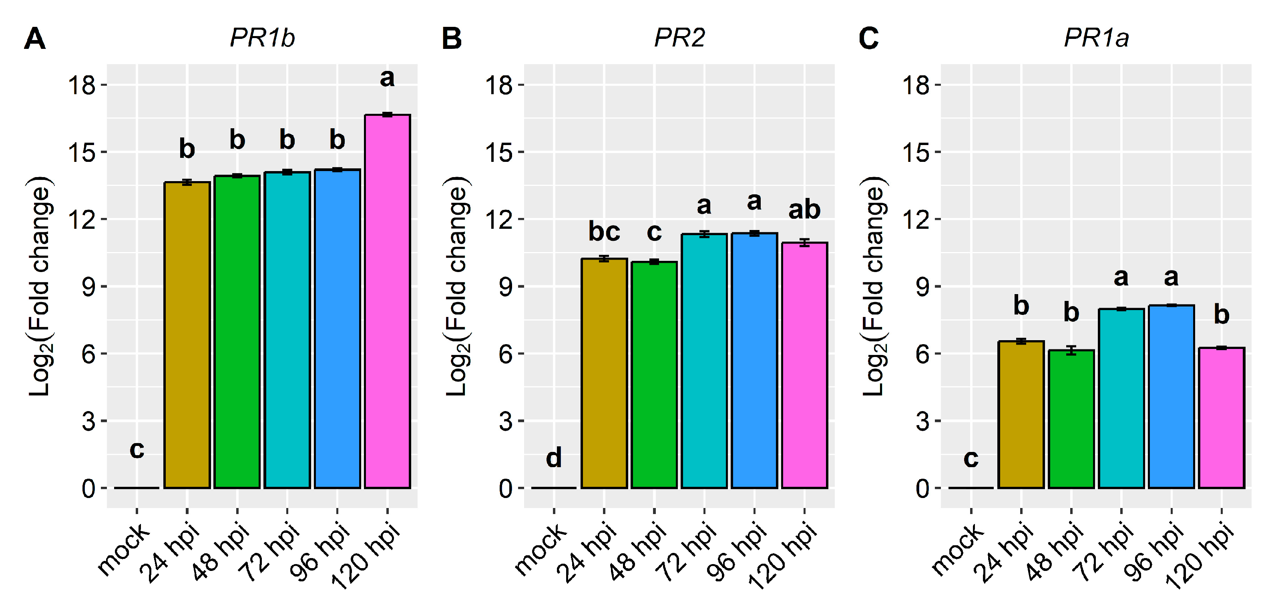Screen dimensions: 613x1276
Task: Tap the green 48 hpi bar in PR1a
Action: click(1071, 419)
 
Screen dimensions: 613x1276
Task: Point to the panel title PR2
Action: click(679, 38)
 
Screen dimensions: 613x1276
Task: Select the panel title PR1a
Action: click(1096, 38)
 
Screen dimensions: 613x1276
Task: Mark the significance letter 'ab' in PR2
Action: click(804, 210)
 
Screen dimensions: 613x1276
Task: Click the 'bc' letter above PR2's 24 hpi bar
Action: click(604, 232)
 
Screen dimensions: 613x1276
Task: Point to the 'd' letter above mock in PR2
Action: click(554, 458)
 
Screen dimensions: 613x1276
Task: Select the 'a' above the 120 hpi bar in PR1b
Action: click(387, 78)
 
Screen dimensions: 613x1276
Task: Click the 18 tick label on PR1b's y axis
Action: click(81, 85)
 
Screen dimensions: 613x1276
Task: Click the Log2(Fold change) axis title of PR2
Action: click(457, 286)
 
